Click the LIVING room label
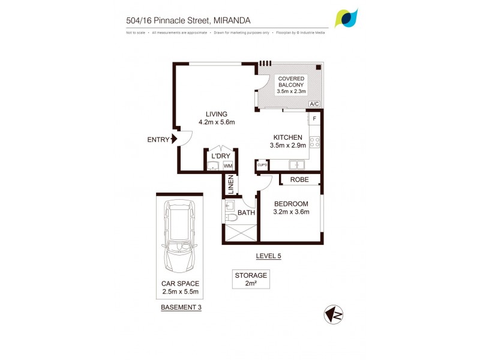(217, 114)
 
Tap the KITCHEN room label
(289, 137)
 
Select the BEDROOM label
(291, 203)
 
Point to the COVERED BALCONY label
(291, 82)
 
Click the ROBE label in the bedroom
(299, 179)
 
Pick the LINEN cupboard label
(230, 185)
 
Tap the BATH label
(246, 212)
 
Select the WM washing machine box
(228, 165)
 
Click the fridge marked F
(314, 119)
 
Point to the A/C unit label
(314, 104)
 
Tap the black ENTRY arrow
(174, 140)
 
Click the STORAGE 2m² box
(251, 280)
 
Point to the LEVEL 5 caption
(268, 256)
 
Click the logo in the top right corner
(347, 18)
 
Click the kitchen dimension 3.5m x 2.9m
(289, 145)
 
